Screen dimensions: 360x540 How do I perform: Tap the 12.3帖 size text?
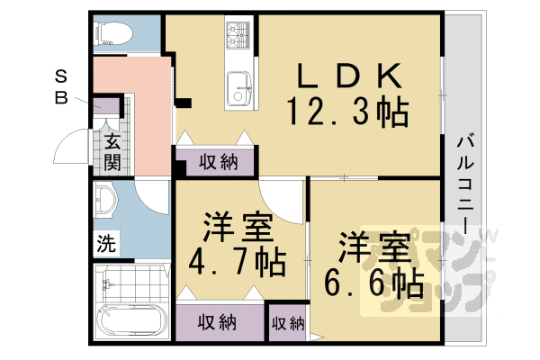click(347, 112)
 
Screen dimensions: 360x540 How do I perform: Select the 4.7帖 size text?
click(237, 262)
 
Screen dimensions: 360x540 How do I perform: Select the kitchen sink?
click(241, 88)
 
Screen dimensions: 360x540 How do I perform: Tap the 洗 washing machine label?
click(106, 242)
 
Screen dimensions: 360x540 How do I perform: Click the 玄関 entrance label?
click(112, 152)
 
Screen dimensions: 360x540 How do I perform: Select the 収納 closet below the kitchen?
click(218, 162)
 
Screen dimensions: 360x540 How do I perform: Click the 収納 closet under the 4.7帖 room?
click(218, 321)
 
